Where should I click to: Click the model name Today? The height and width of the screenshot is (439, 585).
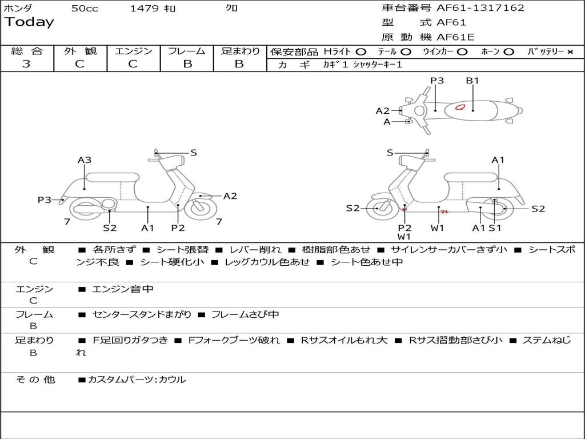[29, 22]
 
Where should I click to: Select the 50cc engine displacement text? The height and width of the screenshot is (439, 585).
[85, 9]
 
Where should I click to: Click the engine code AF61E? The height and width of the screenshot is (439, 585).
[455, 37]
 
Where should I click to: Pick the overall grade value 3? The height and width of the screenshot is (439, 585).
[26, 64]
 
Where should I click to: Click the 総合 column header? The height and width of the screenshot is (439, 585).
[27, 51]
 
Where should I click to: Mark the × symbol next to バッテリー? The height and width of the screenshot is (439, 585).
[570, 52]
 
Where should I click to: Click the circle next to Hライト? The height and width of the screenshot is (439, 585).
[360, 52]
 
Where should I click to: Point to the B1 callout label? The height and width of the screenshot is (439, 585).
[472, 81]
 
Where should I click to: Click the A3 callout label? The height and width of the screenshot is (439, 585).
[85, 160]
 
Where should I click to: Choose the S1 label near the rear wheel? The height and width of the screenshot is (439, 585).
[495, 228]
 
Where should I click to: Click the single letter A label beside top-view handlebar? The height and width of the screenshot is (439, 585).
[387, 122]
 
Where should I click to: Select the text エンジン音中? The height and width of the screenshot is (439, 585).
[123, 289]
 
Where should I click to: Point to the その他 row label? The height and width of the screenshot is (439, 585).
[35, 380]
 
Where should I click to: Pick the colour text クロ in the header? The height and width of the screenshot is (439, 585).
[233, 9]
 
